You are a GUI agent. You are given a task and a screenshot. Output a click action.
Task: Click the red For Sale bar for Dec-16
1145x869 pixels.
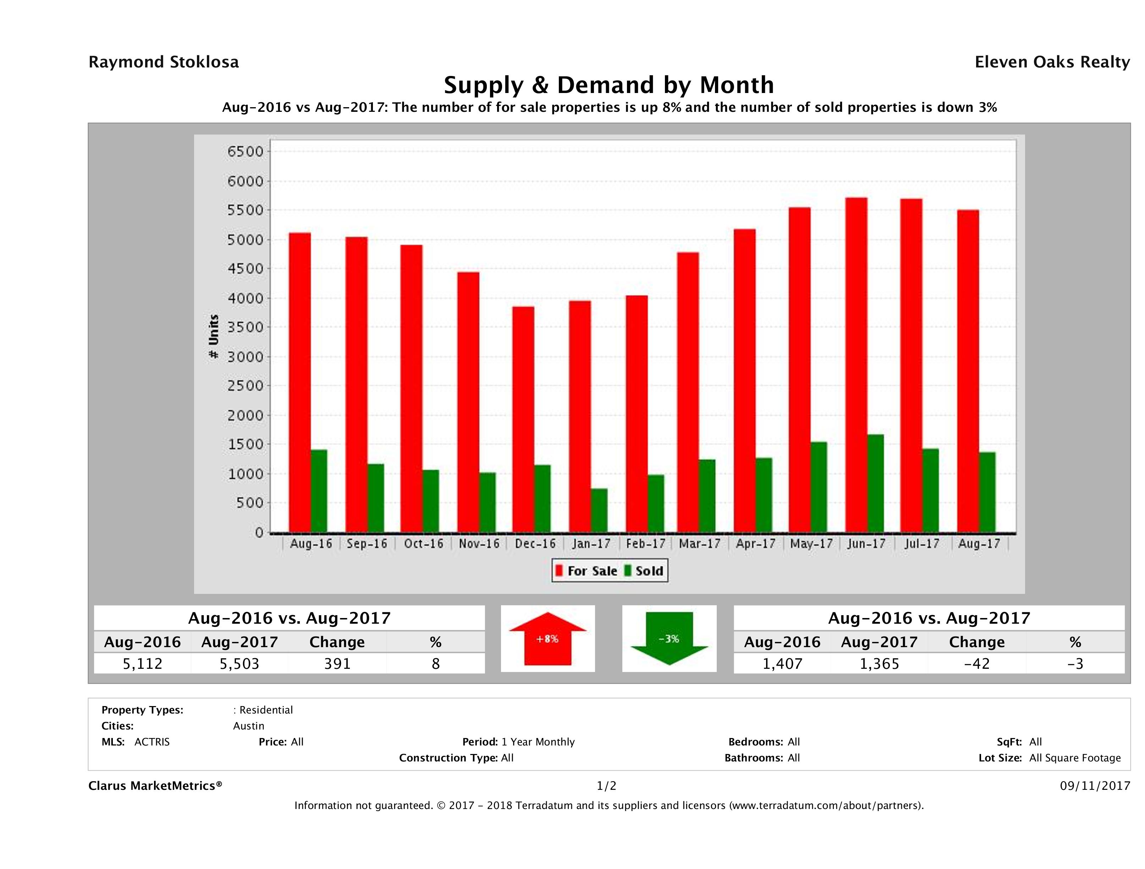523,420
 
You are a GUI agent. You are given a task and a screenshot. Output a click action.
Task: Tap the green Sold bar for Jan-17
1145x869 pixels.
599,510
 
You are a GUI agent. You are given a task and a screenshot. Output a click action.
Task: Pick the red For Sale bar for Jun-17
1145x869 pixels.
856,365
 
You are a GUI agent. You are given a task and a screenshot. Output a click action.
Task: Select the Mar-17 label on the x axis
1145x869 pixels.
699,544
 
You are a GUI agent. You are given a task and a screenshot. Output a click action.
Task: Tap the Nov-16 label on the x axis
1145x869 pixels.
479,544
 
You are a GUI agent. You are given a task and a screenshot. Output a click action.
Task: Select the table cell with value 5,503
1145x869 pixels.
239,663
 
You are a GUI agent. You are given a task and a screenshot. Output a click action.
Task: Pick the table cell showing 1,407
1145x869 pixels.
782,663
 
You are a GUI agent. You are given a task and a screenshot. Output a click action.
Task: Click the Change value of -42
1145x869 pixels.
977,663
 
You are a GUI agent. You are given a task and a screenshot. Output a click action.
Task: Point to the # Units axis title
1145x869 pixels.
213,337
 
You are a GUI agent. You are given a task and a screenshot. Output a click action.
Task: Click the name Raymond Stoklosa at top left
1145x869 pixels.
164,62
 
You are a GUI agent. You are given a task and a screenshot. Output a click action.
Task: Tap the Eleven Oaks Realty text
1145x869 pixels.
1052,62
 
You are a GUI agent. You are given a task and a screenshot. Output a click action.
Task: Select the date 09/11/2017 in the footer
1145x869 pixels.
1095,786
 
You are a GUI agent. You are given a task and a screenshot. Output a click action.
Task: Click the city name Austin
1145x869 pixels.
248,726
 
